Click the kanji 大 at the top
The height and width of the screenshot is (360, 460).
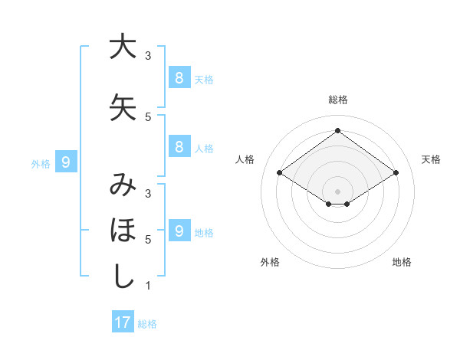123,47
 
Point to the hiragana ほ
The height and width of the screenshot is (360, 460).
123,231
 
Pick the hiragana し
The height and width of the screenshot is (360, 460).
123,277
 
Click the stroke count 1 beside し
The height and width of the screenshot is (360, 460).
148,286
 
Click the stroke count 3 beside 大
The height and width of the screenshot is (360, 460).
148,56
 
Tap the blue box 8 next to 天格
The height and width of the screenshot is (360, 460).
179,78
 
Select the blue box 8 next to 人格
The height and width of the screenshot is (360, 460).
179,147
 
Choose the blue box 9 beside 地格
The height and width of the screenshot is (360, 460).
179,231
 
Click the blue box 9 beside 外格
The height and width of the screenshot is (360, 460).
67,162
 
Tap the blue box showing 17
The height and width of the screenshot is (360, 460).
123,322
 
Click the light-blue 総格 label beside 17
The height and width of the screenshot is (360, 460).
148,324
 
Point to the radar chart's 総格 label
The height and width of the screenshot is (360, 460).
337,100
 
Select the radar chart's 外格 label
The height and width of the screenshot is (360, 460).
270,262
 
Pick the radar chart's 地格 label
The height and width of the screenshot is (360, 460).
402,262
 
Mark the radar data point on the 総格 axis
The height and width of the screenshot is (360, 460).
337,131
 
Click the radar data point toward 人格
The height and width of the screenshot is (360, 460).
280,173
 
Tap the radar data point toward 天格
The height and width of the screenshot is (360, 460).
396,173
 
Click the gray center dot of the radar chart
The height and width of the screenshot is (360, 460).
337,191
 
